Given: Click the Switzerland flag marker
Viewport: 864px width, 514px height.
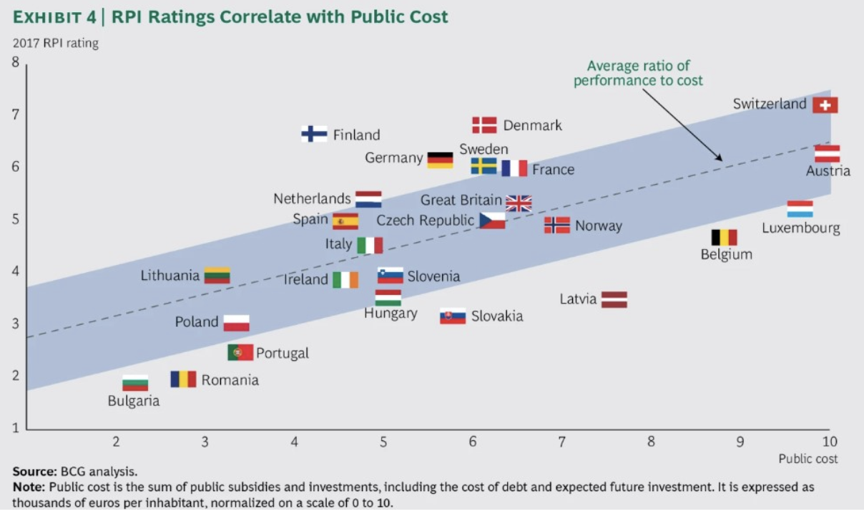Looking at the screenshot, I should click(x=825, y=105).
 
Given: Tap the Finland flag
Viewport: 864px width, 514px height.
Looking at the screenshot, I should click(x=314, y=134).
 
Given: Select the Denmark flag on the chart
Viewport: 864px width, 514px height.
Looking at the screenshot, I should click(x=484, y=125).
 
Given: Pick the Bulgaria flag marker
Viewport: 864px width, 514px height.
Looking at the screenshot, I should click(x=135, y=383).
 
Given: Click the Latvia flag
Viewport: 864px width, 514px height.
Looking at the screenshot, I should click(x=614, y=299).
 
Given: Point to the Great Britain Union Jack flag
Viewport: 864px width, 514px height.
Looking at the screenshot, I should click(x=519, y=203).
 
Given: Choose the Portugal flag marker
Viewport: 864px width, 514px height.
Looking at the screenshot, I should click(x=240, y=352).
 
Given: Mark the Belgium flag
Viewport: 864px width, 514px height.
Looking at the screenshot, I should click(x=724, y=237).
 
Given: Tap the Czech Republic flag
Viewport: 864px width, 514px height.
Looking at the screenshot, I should click(x=492, y=220).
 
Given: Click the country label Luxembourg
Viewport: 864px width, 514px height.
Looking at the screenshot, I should click(x=800, y=228).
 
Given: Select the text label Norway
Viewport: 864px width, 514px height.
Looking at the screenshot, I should click(x=599, y=226).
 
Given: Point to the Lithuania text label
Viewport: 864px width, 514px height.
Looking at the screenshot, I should click(x=170, y=275).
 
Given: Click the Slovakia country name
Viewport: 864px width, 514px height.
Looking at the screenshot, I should click(x=496, y=316).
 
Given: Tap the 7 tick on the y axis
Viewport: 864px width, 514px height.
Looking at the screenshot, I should click(x=15, y=115).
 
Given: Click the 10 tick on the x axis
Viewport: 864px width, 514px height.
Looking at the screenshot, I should click(x=830, y=441).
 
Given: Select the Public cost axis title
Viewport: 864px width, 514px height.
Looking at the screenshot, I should click(x=808, y=458).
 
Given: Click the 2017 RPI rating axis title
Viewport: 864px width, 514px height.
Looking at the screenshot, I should click(x=56, y=43).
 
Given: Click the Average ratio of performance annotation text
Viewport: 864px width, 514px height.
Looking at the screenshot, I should click(x=638, y=73).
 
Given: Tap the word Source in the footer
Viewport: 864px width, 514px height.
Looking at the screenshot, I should click(x=33, y=472).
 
